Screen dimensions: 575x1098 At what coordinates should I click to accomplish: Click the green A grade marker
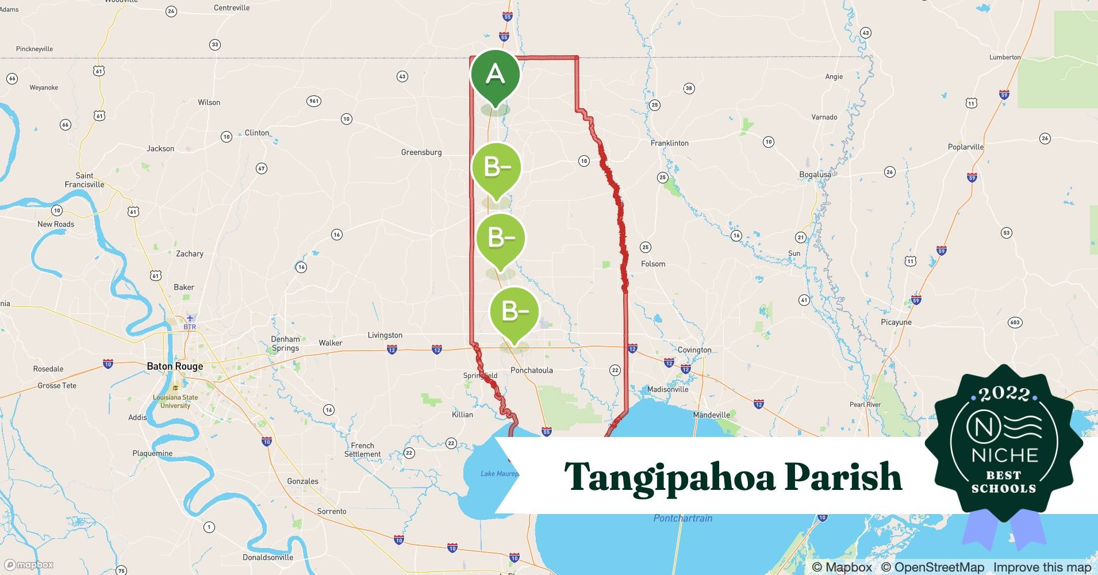click(495, 75)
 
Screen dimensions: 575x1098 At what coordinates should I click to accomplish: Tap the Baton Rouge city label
click(175, 366)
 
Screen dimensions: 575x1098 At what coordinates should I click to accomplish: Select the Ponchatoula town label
click(532, 370)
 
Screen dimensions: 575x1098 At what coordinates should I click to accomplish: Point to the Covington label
click(694, 350)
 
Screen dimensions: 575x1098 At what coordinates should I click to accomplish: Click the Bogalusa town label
click(815, 174)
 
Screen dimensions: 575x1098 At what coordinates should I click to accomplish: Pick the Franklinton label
click(669, 143)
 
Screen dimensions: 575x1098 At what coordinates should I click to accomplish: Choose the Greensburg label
click(421, 152)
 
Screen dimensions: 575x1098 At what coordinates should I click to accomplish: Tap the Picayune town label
click(896, 322)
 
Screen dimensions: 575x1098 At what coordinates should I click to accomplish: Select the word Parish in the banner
click(843, 477)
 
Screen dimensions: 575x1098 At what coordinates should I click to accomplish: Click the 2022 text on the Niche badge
click(1004, 394)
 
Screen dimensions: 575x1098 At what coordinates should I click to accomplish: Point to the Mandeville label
click(711, 415)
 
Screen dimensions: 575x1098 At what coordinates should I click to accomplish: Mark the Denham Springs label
click(286, 343)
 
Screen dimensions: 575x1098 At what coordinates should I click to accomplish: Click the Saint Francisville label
click(85, 180)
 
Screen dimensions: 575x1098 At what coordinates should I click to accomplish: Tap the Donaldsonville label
click(268, 557)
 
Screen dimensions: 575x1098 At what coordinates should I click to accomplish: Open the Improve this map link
click(1042, 568)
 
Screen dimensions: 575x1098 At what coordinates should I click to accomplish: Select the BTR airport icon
click(190, 319)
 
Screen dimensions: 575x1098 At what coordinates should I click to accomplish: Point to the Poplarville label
click(965, 147)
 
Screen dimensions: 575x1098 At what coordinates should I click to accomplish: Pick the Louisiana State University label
click(175, 401)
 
